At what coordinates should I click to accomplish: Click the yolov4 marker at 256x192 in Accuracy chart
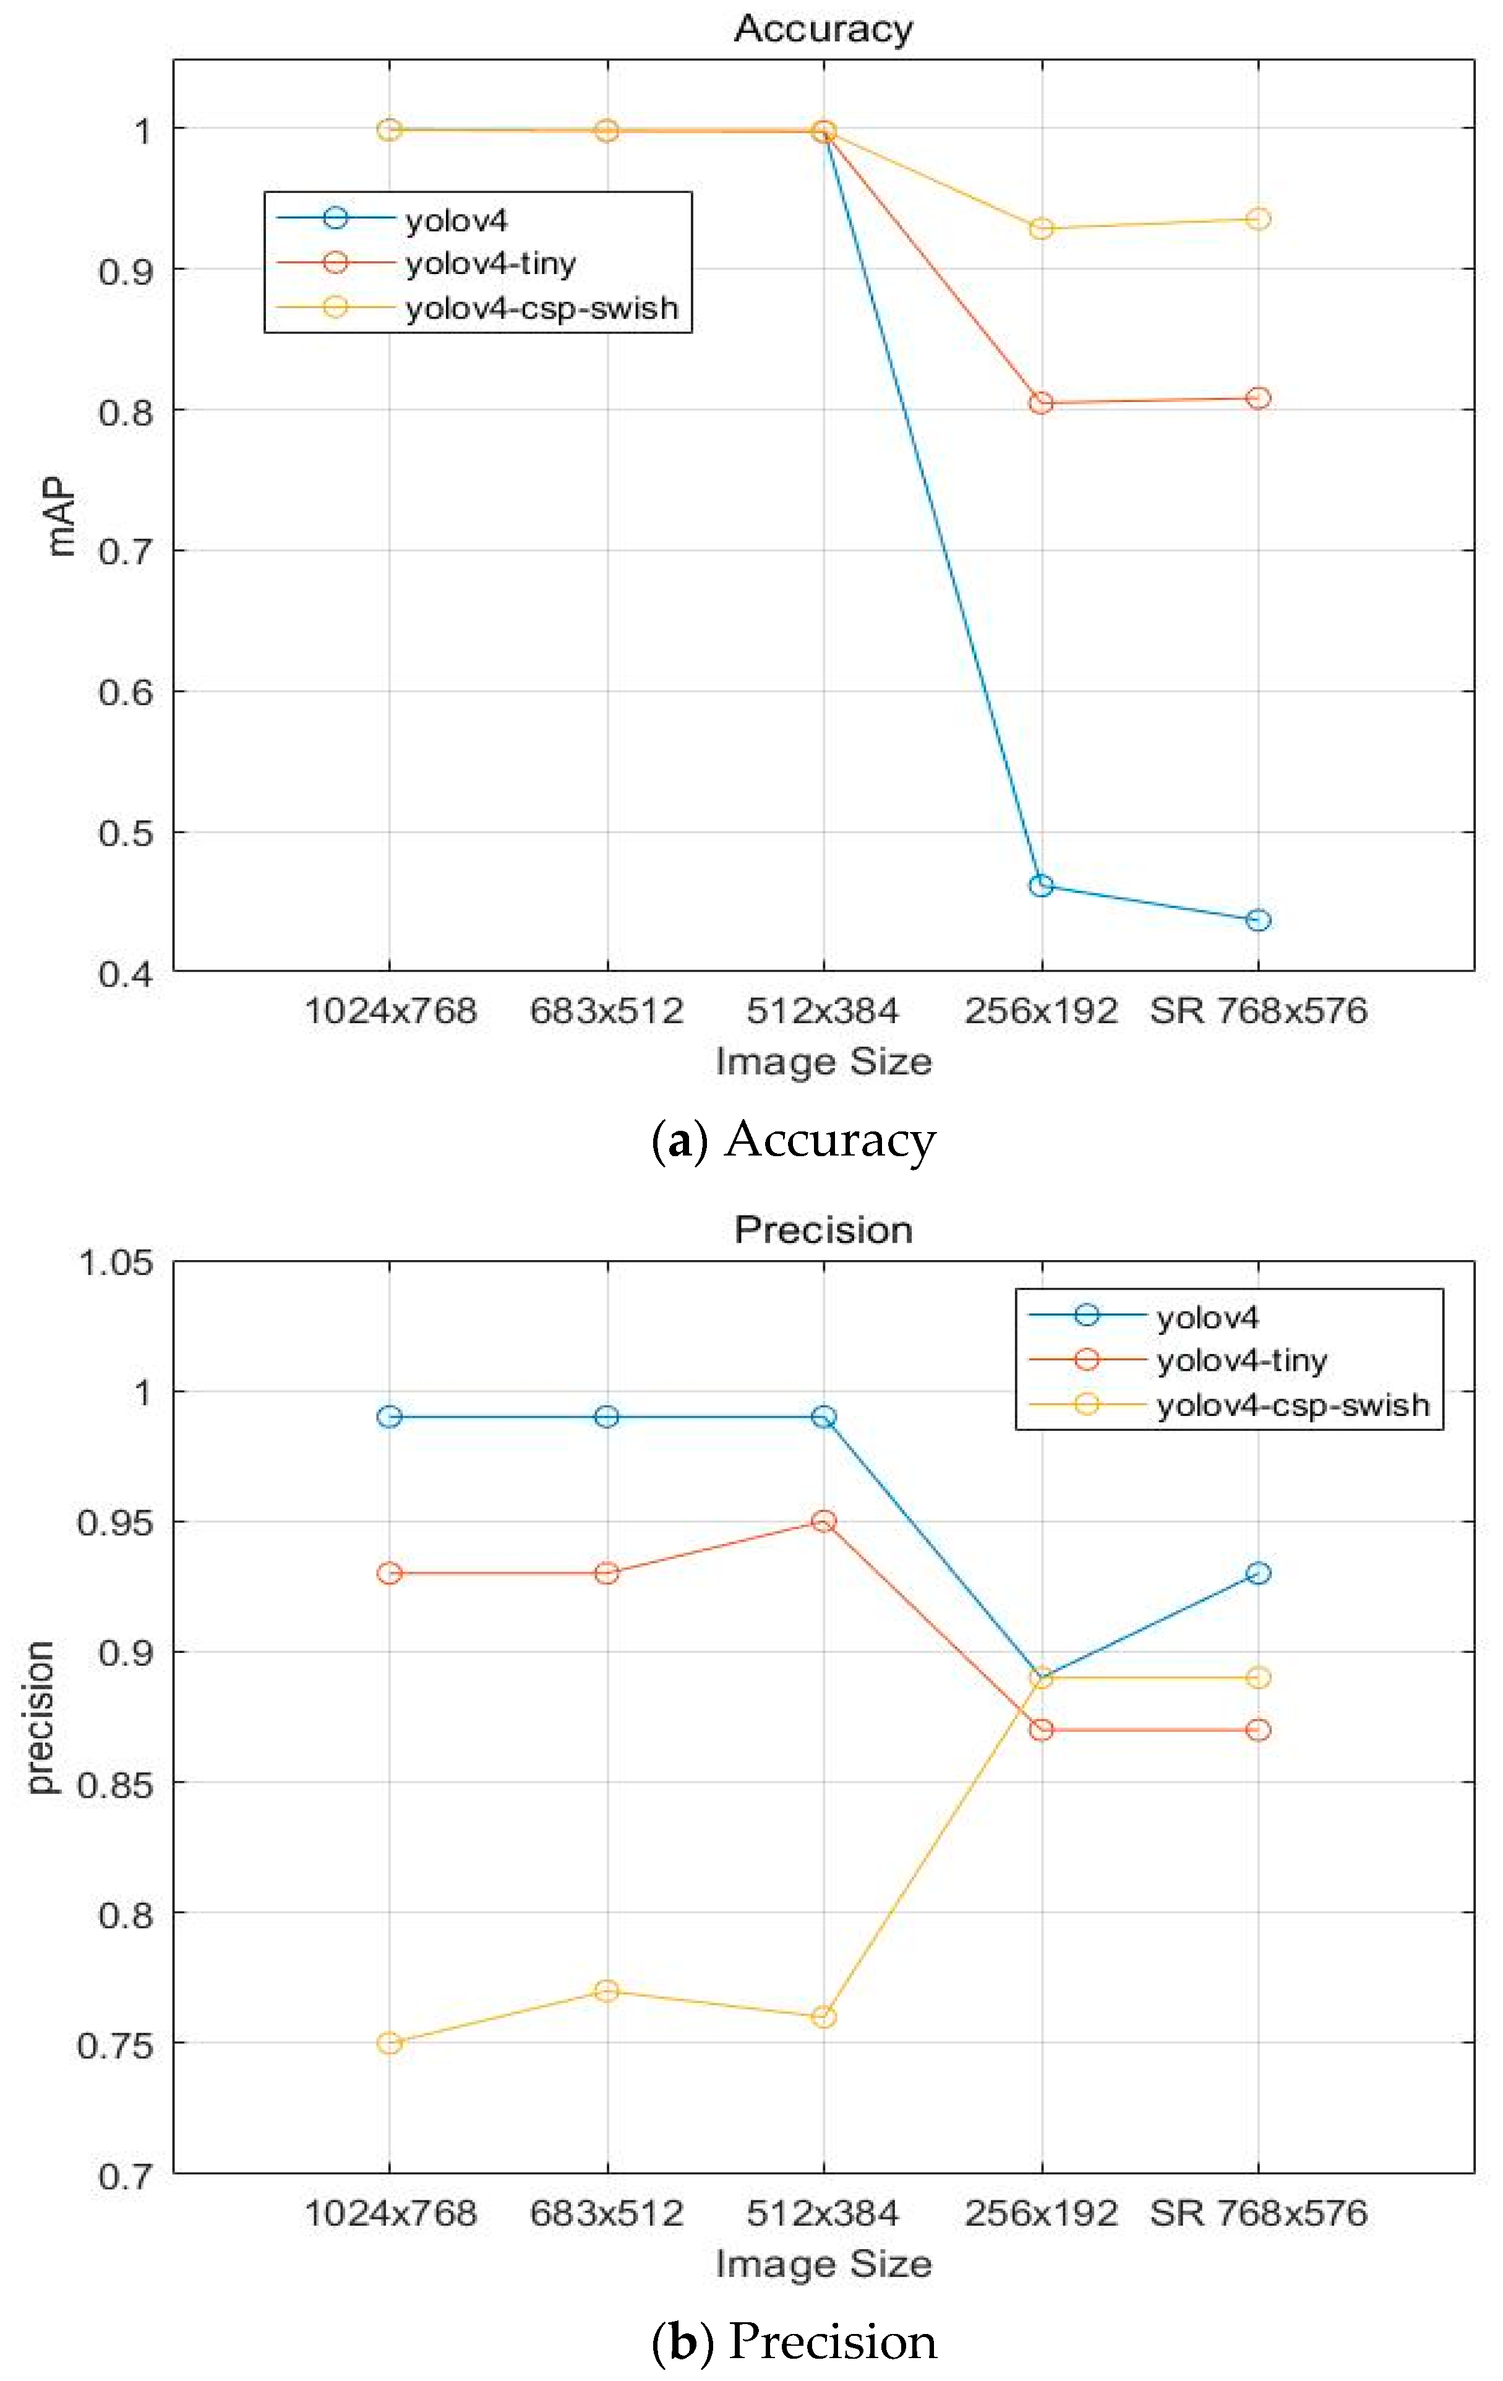(x=1040, y=885)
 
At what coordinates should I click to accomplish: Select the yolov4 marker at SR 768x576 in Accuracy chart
(x=1258, y=920)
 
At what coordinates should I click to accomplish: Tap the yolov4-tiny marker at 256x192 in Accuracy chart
(x=1040, y=403)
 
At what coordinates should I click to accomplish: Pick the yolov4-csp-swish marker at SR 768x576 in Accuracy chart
(x=1258, y=218)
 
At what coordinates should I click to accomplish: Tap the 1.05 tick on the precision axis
(x=116, y=1263)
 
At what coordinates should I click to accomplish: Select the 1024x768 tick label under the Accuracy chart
(x=390, y=1011)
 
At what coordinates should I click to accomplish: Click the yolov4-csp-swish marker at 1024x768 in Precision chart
(x=390, y=2043)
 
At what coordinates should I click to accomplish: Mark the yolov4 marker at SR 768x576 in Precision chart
(x=1258, y=1573)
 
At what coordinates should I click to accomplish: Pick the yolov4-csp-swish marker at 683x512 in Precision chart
(x=606, y=1991)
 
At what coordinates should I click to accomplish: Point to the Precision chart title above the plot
(x=823, y=1230)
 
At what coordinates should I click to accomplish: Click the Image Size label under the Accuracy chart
(x=823, y=1062)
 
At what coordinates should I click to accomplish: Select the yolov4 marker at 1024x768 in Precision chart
(x=390, y=1417)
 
